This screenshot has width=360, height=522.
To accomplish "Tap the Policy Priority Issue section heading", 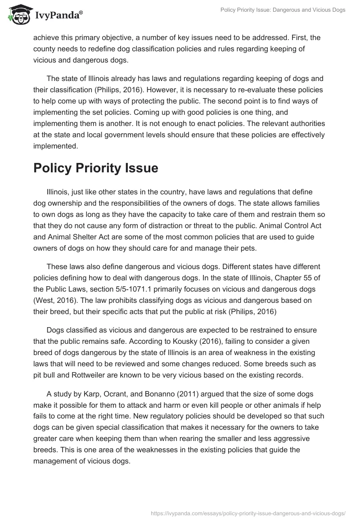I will tap(95, 168).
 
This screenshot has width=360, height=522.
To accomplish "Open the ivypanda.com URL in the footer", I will tap(248, 513).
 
